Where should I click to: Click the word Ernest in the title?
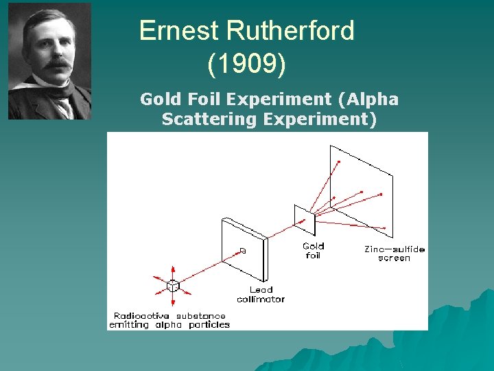(x=178, y=31)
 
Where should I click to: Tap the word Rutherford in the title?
(x=290, y=31)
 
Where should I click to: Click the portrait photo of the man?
(x=49, y=61)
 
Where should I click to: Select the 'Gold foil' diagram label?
(x=313, y=251)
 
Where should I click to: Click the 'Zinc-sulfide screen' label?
(x=394, y=254)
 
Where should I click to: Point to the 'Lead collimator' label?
(x=261, y=295)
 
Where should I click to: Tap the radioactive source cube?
(x=173, y=286)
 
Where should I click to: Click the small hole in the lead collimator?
(x=243, y=251)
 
